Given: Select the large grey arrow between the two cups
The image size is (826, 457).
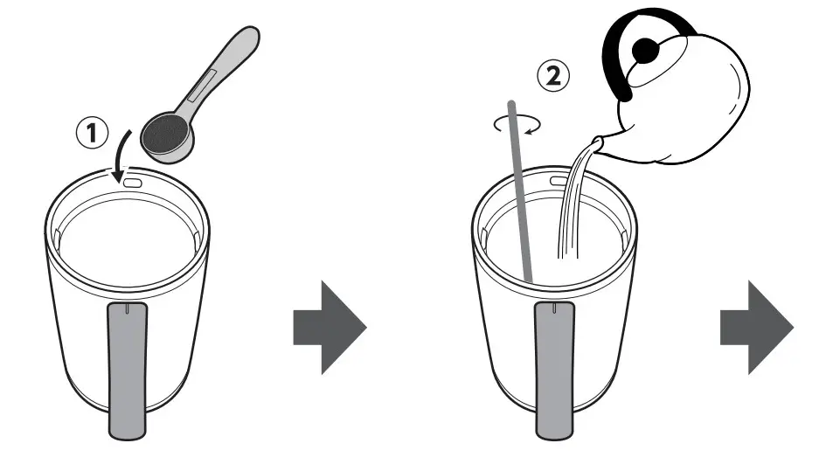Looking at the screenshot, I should coord(328,327).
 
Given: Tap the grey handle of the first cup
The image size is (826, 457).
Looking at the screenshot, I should coord(127,367).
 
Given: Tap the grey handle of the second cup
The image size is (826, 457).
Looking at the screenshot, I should coord(554,367).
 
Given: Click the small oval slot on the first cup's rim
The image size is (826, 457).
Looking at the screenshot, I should coord(134,183).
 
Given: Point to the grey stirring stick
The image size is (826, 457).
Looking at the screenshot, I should coord(519,192).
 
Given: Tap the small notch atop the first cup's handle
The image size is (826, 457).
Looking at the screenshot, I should coord(127,308).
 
